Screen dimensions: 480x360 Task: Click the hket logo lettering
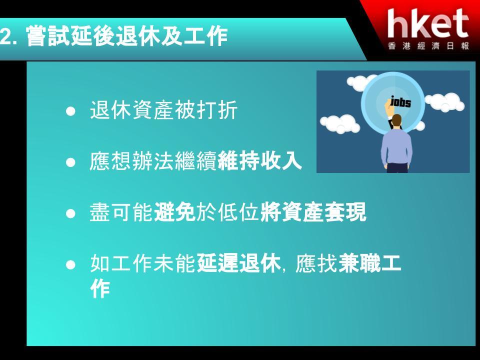click(x=428, y=23)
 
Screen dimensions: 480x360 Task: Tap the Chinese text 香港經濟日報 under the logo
click(x=428, y=46)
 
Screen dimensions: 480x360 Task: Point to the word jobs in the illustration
click(x=400, y=101)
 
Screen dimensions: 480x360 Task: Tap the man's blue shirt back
click(x=396, y=146)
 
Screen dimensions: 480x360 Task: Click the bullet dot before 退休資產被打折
click(x=70, y=111)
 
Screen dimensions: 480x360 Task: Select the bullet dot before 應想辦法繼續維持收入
click(x=70, y=162)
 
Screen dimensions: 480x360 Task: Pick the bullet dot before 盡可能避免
click(x=70, y=213)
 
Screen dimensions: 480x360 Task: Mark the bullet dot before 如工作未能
click(x=70, y=264)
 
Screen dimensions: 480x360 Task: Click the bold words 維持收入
click(x=259, y=161)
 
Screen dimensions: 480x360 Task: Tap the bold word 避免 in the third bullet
click(x=175, y=212)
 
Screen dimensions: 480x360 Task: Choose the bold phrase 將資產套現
click(x=313, y=212)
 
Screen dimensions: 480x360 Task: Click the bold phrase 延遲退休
click(x=238, y=263)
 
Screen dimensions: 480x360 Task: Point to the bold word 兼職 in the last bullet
click(x=359, y=263)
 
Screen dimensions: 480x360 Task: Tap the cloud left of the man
click(x=340, y=123)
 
